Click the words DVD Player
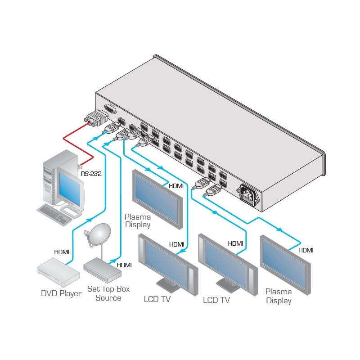(61, 294)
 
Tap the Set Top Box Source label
(108, 294)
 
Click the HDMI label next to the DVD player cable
(61, 252)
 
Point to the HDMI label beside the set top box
(124, 265)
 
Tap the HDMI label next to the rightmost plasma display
(306, 250)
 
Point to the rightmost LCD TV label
(217, 299)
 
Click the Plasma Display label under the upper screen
(137, 221)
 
